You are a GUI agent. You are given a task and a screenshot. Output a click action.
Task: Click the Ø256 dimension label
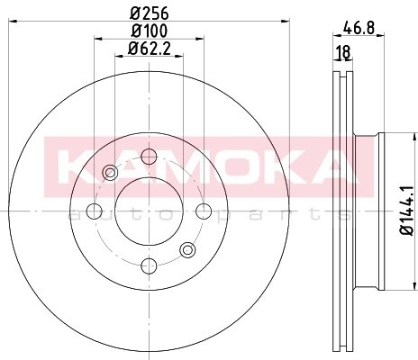[x=150, y=13]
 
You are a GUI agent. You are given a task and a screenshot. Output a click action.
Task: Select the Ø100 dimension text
[x=150, y=31]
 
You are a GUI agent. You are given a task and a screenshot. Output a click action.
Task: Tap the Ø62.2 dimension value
[x=150, y=49]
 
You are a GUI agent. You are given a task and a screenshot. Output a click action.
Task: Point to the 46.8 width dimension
[x=359, y=29]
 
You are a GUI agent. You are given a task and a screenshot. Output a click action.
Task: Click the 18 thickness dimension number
[x=342, y=52]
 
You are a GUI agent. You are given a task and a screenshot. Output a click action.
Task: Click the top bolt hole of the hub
[x=150, y=157]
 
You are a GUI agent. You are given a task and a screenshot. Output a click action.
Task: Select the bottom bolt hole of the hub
[x=150, y=265]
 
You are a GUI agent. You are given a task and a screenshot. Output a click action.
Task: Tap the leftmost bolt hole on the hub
[x=94, y=211]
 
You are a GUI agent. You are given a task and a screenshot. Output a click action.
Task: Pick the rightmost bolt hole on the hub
[x=204, y=211]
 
